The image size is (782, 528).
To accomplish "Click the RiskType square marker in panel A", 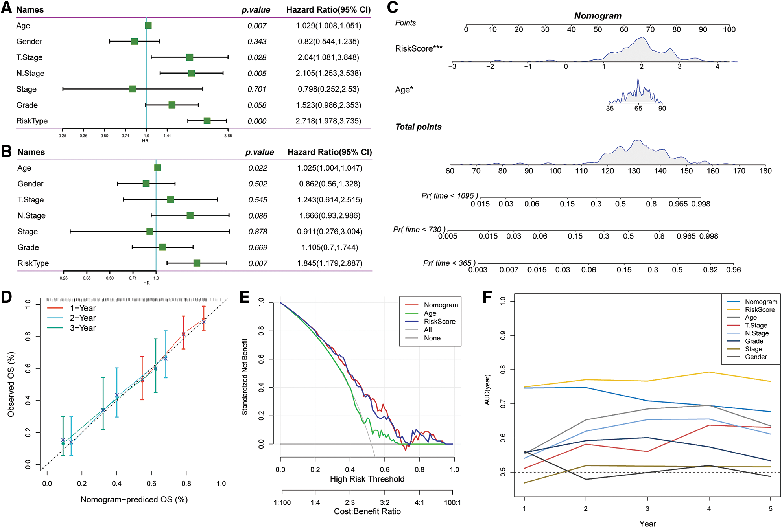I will point(207,121).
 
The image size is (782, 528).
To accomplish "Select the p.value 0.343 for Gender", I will point(257,42).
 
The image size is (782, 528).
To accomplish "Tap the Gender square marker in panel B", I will point(146,184).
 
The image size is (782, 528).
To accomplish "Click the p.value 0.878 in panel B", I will point(258,232).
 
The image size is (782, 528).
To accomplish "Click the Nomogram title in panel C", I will point(598,16).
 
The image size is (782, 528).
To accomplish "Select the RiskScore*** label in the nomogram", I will point(419,48).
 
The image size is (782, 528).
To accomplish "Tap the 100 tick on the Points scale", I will point(729,29).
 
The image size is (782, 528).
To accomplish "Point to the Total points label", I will point(418,127).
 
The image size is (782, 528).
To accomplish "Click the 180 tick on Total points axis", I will point(765,171).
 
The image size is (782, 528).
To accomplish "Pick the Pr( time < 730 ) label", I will point(419,230).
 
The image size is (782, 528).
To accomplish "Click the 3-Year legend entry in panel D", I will point(83,328).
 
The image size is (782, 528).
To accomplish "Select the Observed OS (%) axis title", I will point(11,384).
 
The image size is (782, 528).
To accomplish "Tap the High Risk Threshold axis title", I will point(367,479).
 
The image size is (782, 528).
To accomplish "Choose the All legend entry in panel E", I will point(428,330).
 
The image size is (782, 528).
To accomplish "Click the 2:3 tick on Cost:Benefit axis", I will point(350,502).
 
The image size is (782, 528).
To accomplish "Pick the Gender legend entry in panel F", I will point(756,357).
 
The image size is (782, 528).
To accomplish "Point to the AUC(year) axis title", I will point(487,390).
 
